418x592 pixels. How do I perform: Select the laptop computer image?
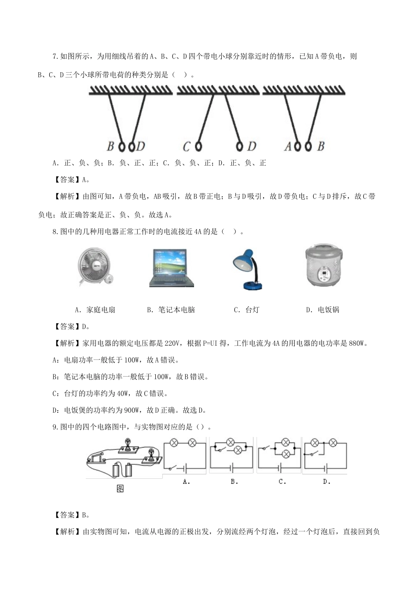pos(171,268)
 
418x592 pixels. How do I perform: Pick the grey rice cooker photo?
pos(324,265)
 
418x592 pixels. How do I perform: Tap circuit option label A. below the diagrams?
pos(186,482)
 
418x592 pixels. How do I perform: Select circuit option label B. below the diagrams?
pos(234,482)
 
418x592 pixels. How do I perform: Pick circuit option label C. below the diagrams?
pos(282,482)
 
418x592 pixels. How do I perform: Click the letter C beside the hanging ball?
pos(187,146)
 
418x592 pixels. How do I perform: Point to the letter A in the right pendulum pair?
pos(288,146)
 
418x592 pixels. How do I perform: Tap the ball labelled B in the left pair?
pos(122,146)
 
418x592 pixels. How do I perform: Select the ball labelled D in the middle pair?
pos(240,146)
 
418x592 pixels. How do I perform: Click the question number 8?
pos(55,232)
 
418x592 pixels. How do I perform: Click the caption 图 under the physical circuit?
pos(120,488)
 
